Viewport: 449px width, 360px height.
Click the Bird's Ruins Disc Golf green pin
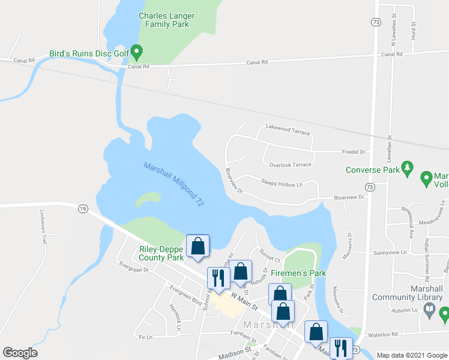click(137, 52)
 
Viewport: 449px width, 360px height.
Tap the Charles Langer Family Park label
click(164, 20)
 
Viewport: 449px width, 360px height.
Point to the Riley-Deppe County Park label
click(161, 253)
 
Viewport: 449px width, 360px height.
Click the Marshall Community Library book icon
click(429, 310)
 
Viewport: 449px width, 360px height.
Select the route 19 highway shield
click(83, 208)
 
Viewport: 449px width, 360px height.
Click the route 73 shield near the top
click(376, 22)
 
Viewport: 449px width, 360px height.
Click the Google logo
click(20, 353)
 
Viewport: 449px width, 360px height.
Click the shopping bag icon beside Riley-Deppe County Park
click(197, 245)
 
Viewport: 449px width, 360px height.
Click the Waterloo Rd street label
click(382, 334)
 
